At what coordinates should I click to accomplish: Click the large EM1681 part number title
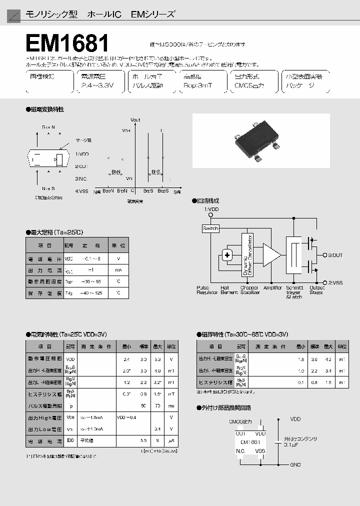(x=67, y=44)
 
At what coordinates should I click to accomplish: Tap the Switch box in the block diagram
(x=210, y=228)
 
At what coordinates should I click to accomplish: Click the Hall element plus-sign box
(x=227, y=255)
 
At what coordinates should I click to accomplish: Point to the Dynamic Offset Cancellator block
(x=248, y=255)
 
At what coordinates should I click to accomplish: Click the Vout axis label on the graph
(x=135, y=120)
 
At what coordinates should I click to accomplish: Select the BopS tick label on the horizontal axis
(x=163, y=191)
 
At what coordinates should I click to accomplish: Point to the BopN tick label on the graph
(x=108, y=191)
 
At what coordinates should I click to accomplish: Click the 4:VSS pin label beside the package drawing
(x=81, y=190)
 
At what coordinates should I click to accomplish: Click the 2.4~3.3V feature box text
(x=97, y=85)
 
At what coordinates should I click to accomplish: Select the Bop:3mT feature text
(x=198, y=85)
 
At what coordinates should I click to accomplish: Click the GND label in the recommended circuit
(x=295, y=465)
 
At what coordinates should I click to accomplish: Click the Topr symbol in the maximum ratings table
(x=69, y=281)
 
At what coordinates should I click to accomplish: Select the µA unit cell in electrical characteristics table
(x=171, y=440)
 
